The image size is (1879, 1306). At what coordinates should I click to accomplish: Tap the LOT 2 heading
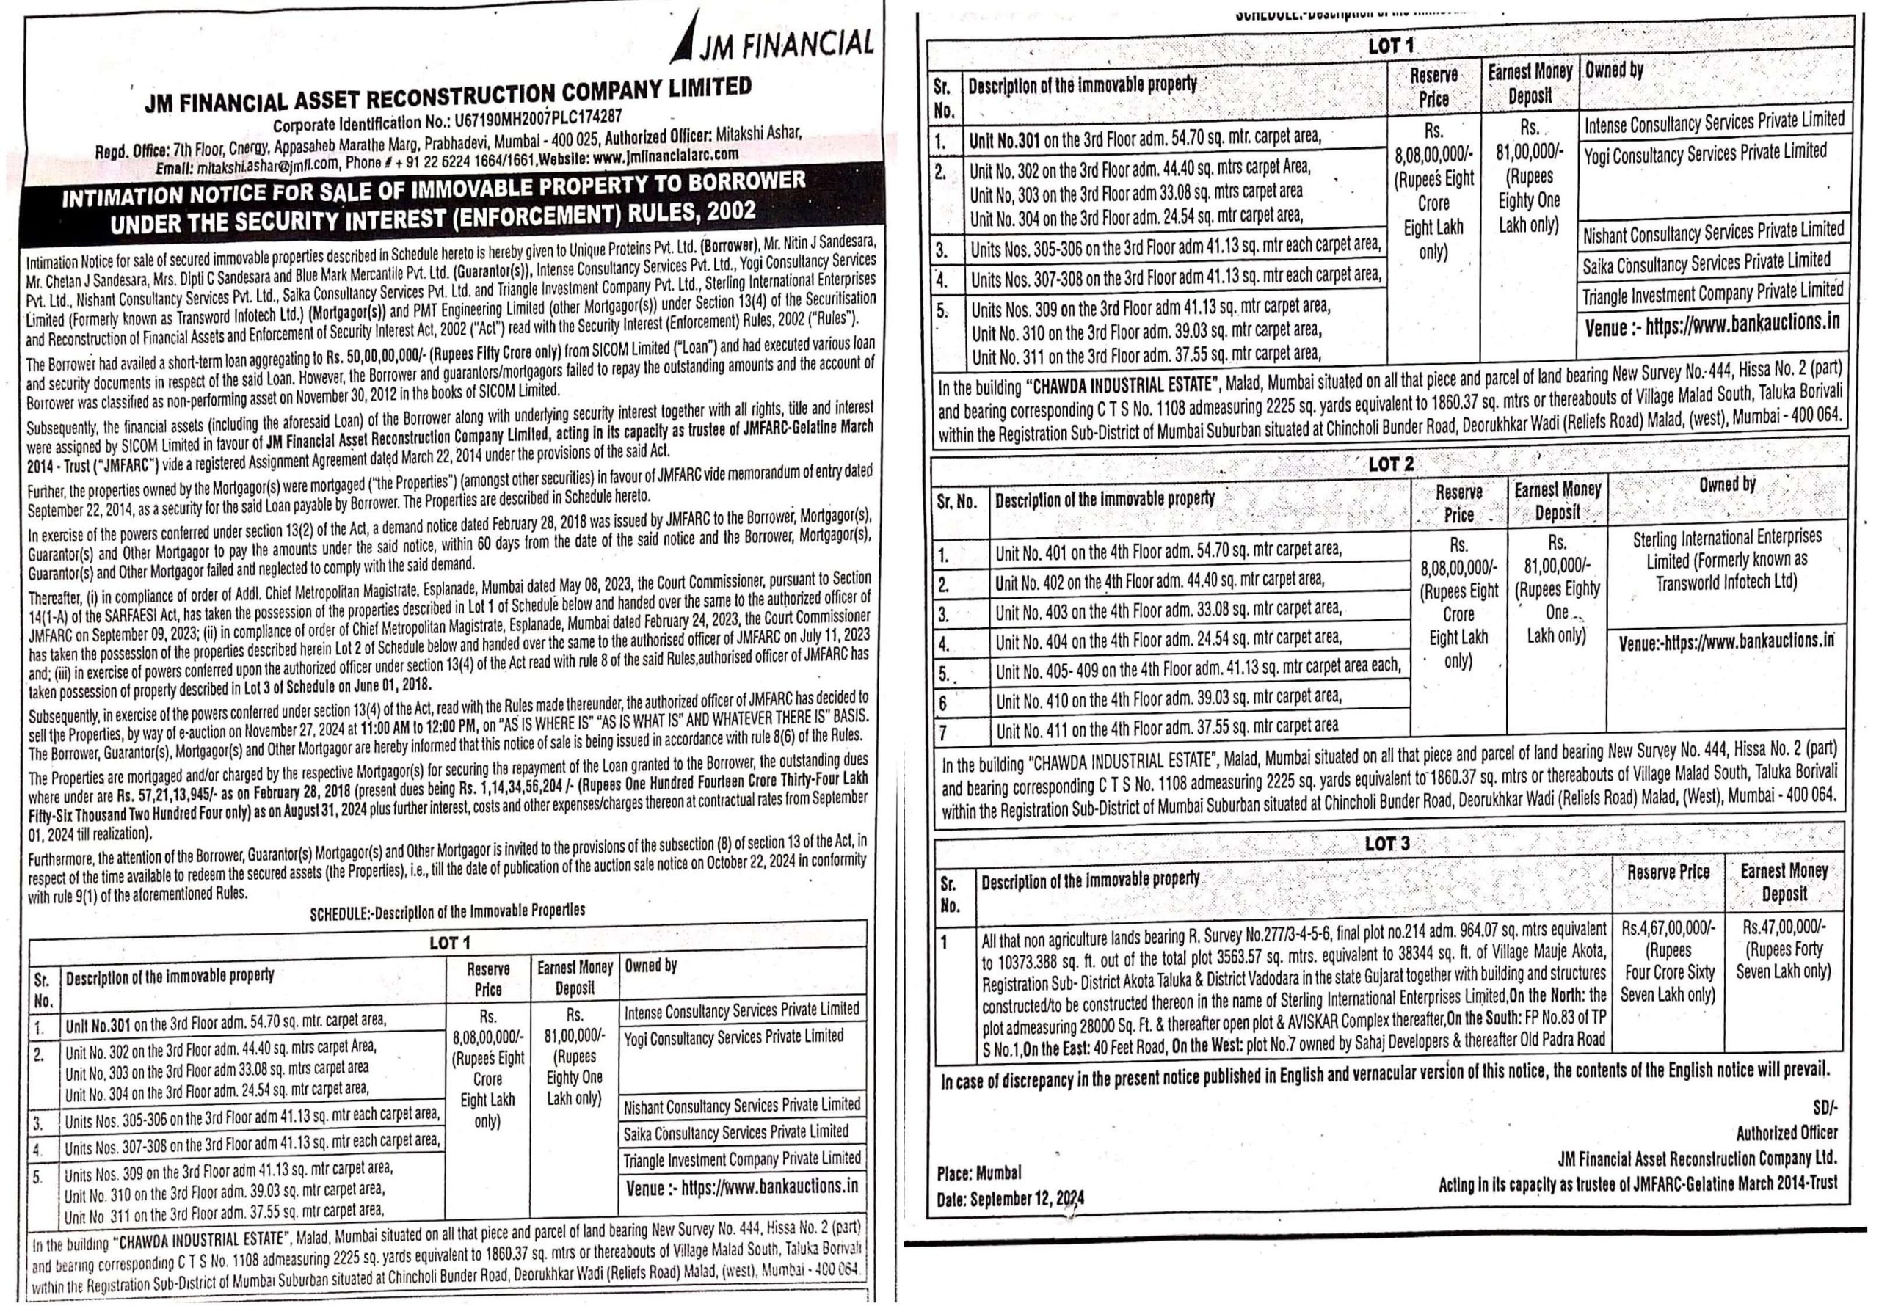pyautogui.click(x=1390, y=464)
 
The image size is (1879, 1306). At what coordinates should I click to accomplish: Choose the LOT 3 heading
pyautogui.click(x=1387, y=844)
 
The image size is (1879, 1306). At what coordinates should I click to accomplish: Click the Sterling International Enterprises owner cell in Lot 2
pyautogui.click(x=1727, y=560)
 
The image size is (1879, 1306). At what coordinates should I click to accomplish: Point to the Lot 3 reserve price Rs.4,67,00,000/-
pyautogui.click(x=1667, y=929)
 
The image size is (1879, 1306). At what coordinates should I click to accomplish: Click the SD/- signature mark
pyautogui.click(x=1825, y=1108)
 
